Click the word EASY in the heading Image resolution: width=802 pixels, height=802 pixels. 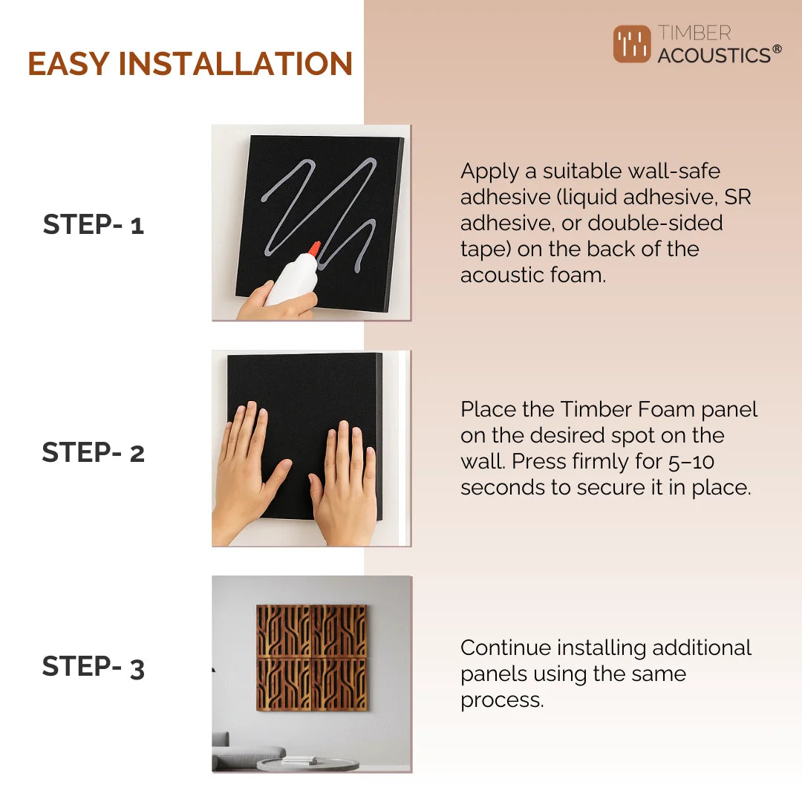[69, 64]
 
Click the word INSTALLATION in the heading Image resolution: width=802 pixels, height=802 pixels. [235, 64]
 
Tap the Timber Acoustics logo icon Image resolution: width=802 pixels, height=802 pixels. [631, 45]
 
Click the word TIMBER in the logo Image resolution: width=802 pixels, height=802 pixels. [694, 33]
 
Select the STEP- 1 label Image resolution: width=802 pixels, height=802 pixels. [93, 224]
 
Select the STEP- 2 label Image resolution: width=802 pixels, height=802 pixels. [93, 452]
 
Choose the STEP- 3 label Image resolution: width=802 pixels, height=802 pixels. [93, 666]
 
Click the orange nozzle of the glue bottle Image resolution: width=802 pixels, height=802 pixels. [314, 249]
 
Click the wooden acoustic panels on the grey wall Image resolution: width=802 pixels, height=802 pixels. [312, 657]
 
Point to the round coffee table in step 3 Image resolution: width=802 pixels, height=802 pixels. [308, 763]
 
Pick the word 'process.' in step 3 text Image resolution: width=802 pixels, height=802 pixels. [502, 700]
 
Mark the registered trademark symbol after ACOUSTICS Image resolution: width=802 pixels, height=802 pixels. [776, 50]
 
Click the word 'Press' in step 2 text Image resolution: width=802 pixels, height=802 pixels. [538, 461]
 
